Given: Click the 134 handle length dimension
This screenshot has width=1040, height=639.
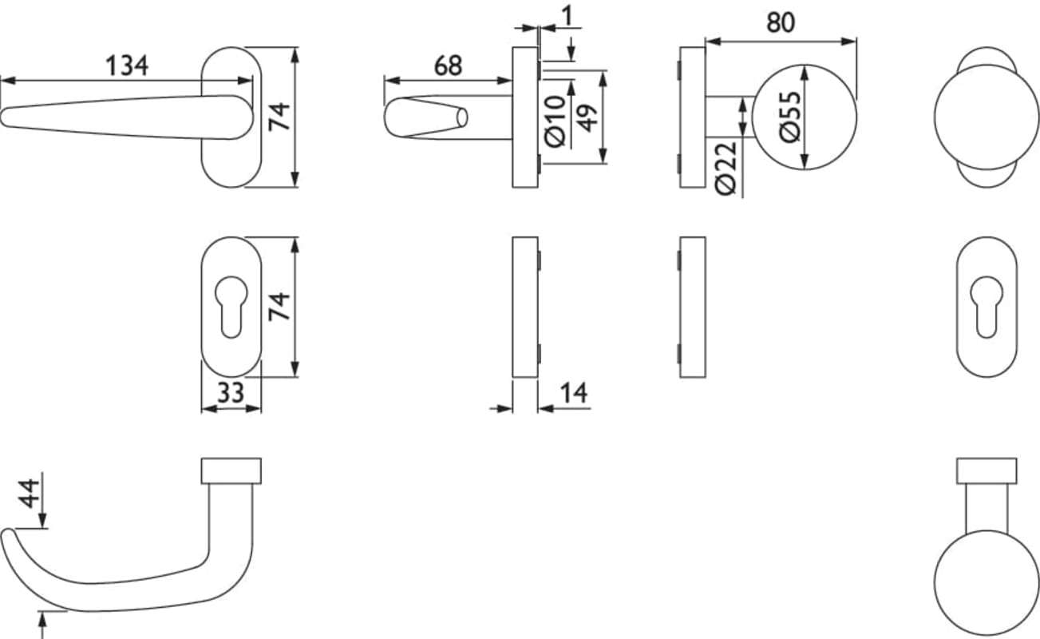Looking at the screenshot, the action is click(127, 65).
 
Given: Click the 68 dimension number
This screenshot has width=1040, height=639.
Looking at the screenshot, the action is click(448, 66).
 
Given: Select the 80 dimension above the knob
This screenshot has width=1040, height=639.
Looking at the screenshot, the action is click(781, 22).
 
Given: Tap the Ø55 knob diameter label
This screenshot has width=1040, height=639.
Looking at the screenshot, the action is click(790, 117).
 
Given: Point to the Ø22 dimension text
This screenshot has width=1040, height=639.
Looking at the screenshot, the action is click(726, 169).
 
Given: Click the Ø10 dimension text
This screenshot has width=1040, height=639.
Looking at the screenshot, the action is click(555, 121).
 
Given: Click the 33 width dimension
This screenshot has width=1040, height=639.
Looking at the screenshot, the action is click(231, 392).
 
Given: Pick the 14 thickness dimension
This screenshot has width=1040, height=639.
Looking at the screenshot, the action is click(574, 393).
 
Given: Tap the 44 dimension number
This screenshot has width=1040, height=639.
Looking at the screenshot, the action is click(28, 494).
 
